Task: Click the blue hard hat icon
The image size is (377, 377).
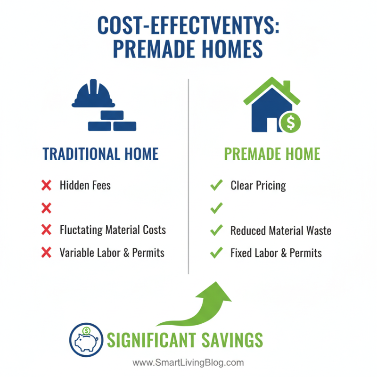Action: pos(93,95)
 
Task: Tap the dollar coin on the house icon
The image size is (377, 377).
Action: pos(290,123)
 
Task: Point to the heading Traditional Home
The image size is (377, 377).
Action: pos(100,154)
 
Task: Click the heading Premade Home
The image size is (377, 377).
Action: pos(272,154)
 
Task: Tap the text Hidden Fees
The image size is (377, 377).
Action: pos(85,185)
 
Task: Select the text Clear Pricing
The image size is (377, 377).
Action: pos(258,185)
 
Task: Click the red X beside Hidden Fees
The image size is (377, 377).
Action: pos(46,185)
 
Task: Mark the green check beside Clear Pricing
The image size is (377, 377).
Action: pos(216,185)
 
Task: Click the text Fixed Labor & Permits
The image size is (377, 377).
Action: pos(276,253)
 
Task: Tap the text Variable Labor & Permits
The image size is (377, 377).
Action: pos(112,253)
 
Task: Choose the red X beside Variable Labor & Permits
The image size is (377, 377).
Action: pos(46,253)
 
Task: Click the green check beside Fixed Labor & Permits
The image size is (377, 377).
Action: pos(216,253)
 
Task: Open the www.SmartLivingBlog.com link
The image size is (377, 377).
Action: pos(188,363)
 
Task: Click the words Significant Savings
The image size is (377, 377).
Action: pos(185,339)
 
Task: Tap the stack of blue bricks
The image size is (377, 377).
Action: pos(112,122)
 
